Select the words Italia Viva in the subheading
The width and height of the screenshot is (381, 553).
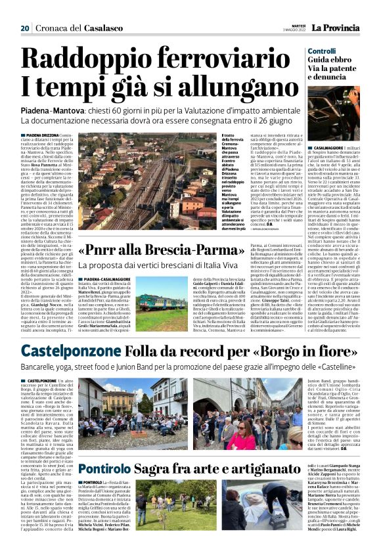(235, 264)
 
